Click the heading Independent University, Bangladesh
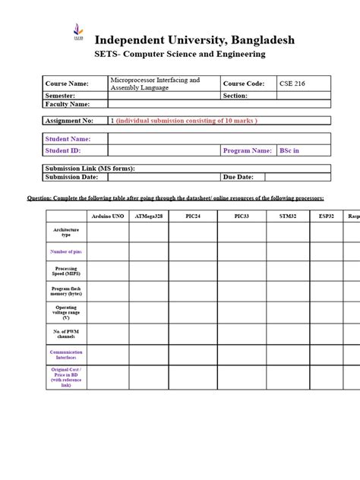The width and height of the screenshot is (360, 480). coord(194,39)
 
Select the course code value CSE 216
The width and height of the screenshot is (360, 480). coord(291,83)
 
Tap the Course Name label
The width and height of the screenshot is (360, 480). coord(67,84)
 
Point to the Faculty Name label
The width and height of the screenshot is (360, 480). coord(68,104)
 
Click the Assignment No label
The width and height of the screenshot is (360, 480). coord(71,121)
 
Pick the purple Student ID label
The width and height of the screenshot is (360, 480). coord(63,150)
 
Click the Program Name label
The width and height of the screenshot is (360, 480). coord(247,150)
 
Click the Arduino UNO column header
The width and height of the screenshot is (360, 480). coord(109,216)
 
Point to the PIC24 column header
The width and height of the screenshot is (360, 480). coord(194,216)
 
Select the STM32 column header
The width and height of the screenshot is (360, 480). coord(284,216)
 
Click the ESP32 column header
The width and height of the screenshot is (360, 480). coord(327,216)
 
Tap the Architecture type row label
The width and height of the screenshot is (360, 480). coord(66,232)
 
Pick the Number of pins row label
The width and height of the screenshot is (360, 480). coord(66,251)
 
